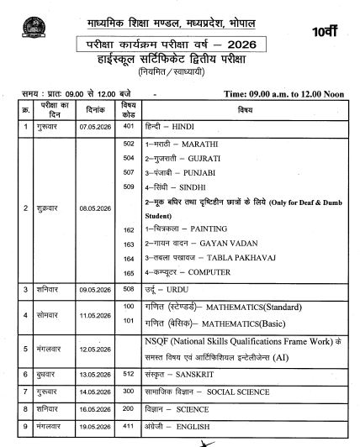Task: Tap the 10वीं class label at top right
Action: pos(332,32)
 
